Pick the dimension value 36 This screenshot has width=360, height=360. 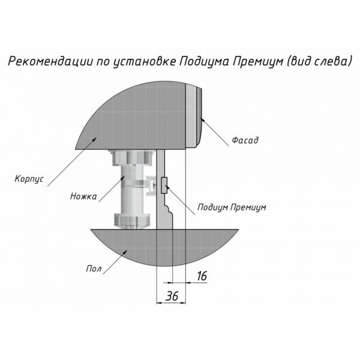(172, 295)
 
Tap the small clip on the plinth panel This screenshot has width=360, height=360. (164, 186)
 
